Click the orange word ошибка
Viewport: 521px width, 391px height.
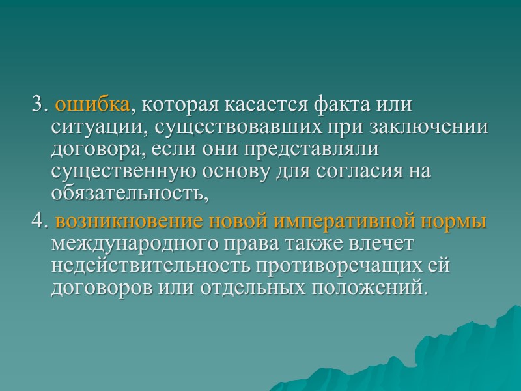[92, 104]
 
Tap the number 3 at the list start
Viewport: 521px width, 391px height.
[37, 104]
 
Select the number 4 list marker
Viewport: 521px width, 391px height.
[37, 222]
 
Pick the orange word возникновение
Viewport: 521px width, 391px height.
[130, 222]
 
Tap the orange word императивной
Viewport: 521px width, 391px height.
[345, 222]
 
